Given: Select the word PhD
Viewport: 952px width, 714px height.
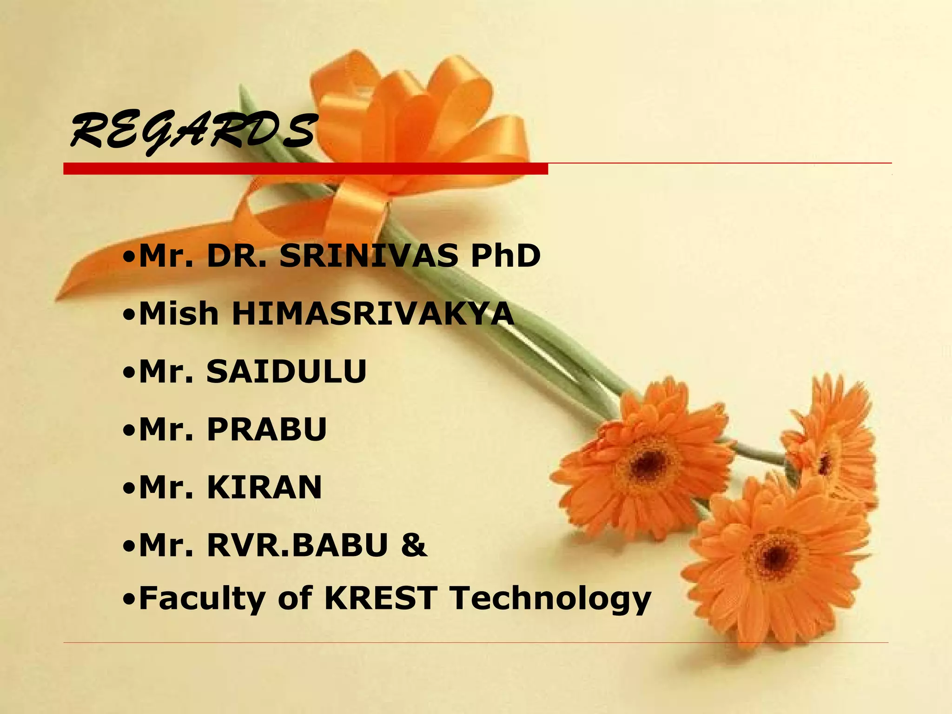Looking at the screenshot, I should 505,256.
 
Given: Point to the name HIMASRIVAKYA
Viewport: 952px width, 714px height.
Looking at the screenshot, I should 373,314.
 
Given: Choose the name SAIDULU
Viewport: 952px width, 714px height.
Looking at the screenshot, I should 286,371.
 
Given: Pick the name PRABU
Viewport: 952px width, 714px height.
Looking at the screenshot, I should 267,429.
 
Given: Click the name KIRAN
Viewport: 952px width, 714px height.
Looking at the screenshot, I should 264,487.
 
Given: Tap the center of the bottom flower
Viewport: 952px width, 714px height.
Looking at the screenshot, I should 775,554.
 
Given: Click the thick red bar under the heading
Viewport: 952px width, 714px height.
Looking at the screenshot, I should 305,169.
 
